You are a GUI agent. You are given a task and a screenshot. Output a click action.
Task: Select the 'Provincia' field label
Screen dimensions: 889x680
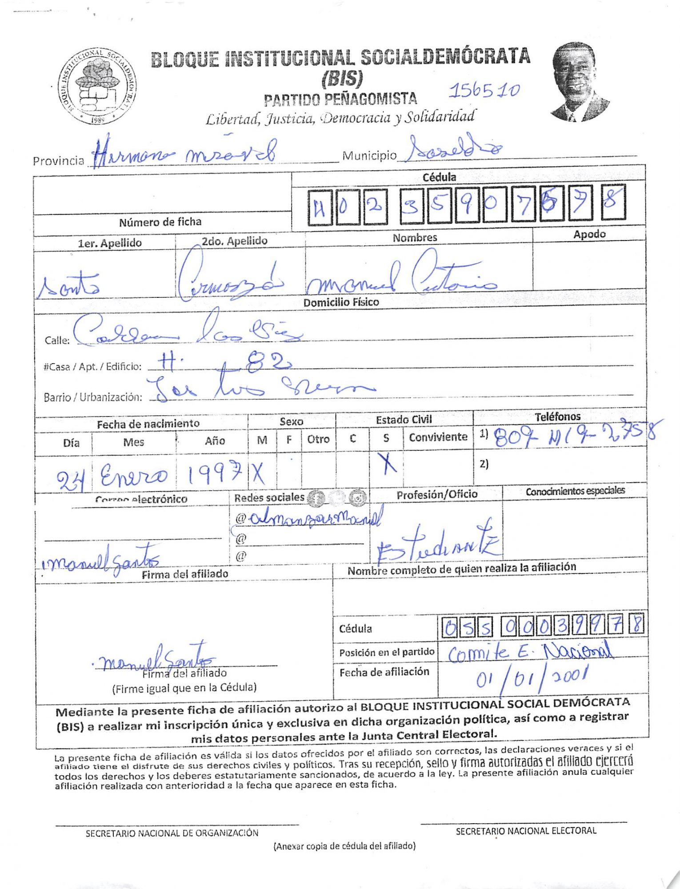(x=58, y=160)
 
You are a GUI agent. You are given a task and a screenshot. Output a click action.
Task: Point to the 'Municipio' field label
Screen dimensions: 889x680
(x=369, y=156)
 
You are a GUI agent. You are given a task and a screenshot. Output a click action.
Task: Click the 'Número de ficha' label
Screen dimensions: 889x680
(x=160, y=222)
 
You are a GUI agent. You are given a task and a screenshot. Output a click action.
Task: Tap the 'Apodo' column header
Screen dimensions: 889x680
(x=589, y=234)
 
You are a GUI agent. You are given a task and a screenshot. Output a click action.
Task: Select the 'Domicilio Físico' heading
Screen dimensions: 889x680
(x=341, y=302)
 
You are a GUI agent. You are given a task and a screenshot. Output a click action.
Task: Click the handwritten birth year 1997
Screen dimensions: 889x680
(x=214, y=474)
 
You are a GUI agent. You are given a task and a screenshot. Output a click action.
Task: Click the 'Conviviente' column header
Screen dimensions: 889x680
(x=438, y=437)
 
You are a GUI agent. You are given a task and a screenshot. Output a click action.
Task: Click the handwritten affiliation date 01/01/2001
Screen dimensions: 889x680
(x=532, y=680)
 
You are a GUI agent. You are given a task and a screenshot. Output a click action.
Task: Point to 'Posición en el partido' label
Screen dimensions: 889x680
(x=386, y=652)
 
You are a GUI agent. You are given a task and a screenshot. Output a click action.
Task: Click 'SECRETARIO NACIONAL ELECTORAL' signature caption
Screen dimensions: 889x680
(x=526, y=831)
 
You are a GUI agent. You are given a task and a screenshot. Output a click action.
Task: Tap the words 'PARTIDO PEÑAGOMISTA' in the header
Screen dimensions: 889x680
(x=340, y=99)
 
